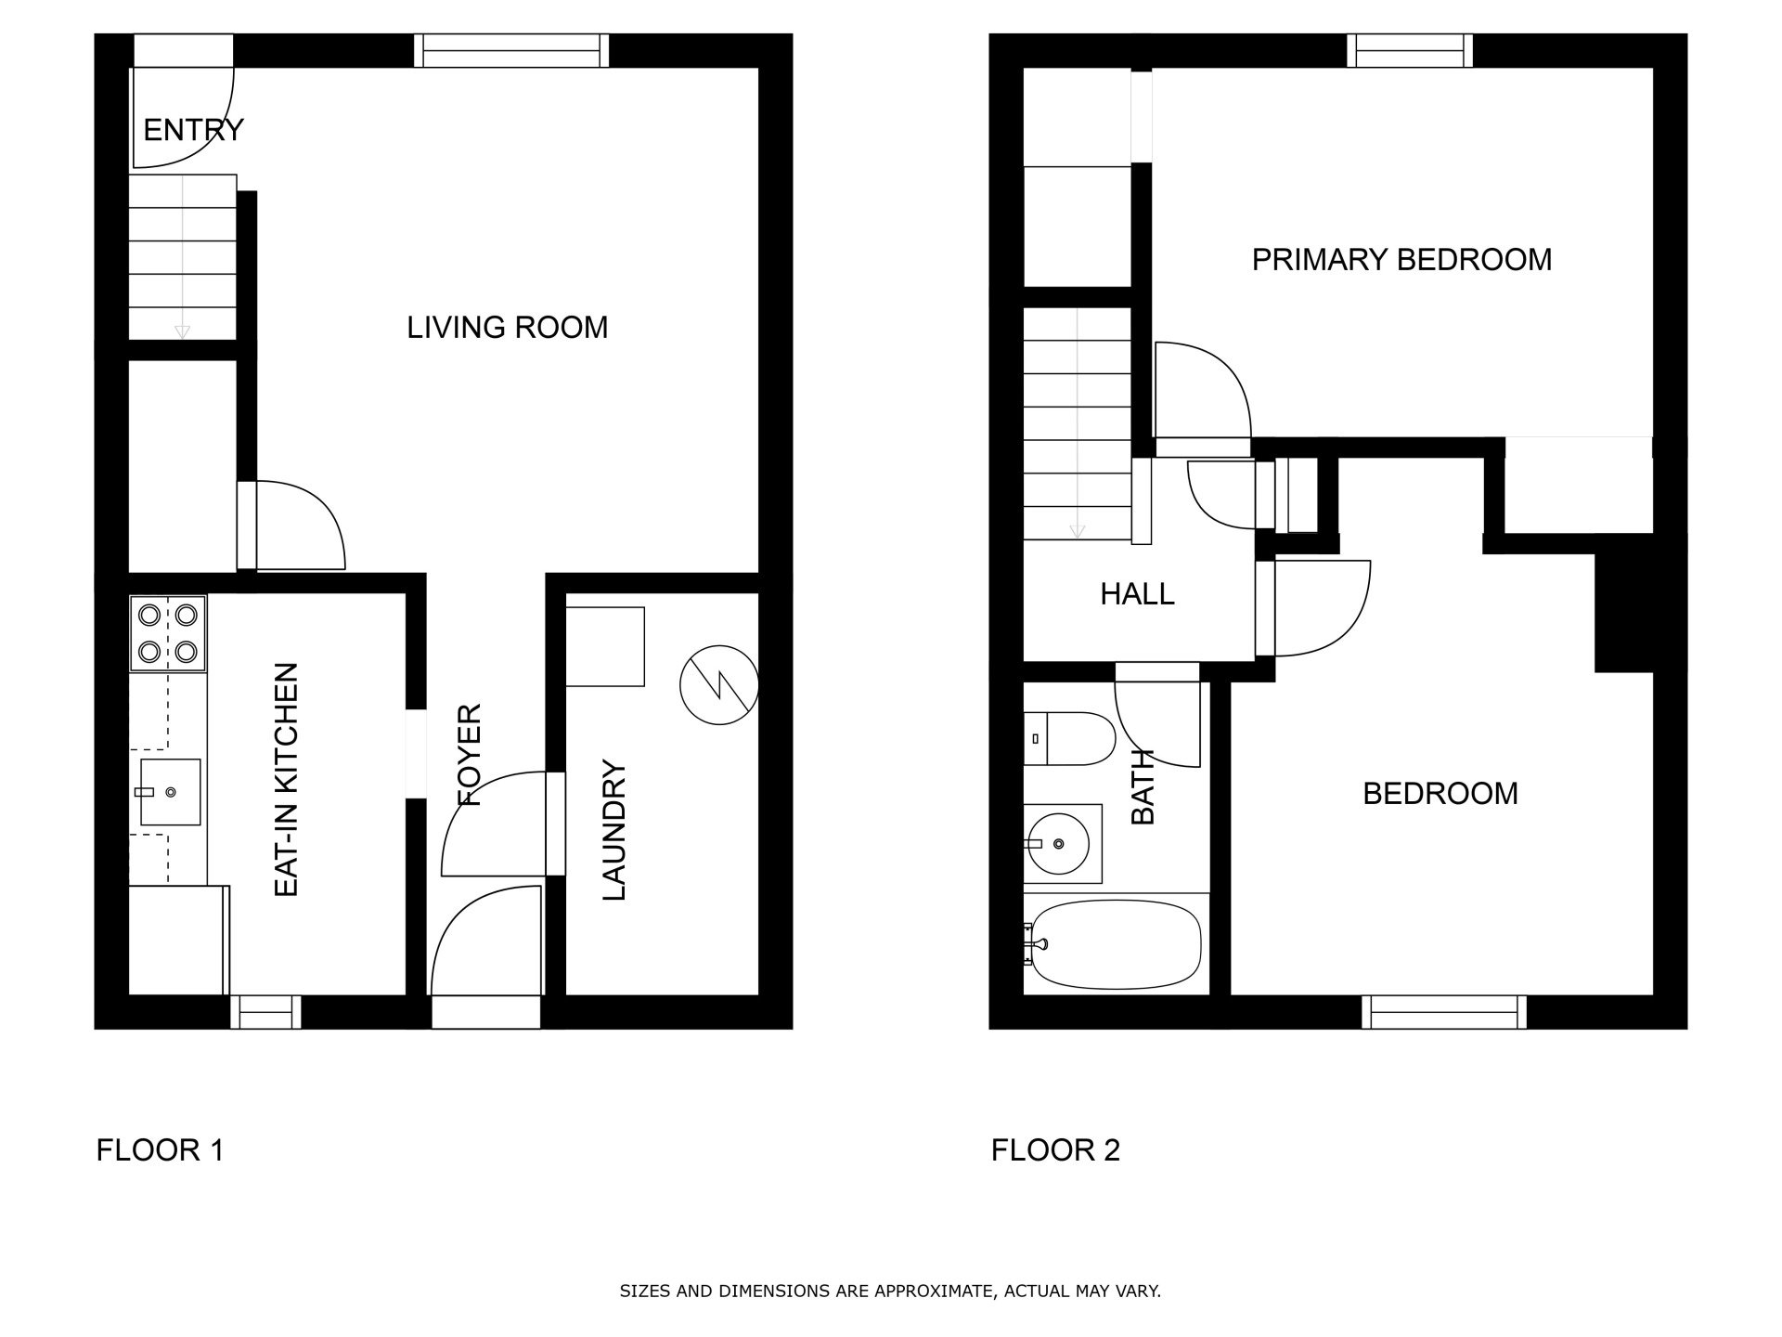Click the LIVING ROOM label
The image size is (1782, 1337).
(x=507, y=328)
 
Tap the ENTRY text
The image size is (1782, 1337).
(x=193, y=130)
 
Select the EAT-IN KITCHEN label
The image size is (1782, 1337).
(x=288, y=779)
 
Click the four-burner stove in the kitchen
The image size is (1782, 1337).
(x=168, y=632)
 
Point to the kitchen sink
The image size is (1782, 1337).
(x=170, y=792)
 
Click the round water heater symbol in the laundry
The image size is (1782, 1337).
(x=718, y=685)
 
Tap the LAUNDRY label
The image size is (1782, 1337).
(x=614, y=830)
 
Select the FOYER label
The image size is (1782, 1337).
(x=471, y=754)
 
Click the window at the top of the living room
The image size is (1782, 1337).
(x=511, y=50)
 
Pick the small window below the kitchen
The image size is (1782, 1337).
(x=265, y=1011)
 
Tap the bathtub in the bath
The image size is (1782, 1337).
(x=1114, y=943)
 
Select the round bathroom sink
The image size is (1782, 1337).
(x=1061, y=843)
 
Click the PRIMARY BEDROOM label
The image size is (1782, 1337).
(x=1401, y=260)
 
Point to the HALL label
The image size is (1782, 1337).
(x=1137, y=594)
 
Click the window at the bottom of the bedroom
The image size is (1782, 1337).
(x=1443, y=1011)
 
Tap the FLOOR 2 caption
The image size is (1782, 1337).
(x=1055, y=1150)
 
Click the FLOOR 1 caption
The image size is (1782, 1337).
(x=160, y=1150)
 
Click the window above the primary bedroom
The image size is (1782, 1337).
(x=1409, y=50)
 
